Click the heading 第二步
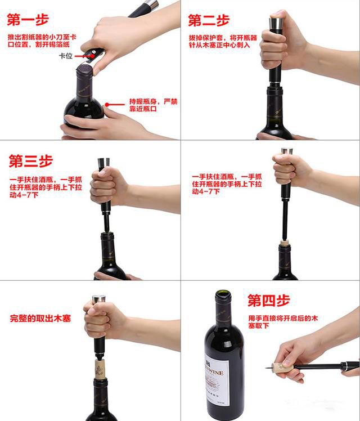[x=209, y=21]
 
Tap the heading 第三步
[x=30, y=160]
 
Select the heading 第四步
[x=269, y=301]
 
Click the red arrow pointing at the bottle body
[x=116, y=104]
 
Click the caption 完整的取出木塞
[x=40, y=319]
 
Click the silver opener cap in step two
[x=276, y=23]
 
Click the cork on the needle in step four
[x=282, y=368]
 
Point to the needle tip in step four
[x=267, y=368]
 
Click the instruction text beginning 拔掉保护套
[x=222, y=41]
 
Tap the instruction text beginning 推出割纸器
[x=43, y=41]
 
